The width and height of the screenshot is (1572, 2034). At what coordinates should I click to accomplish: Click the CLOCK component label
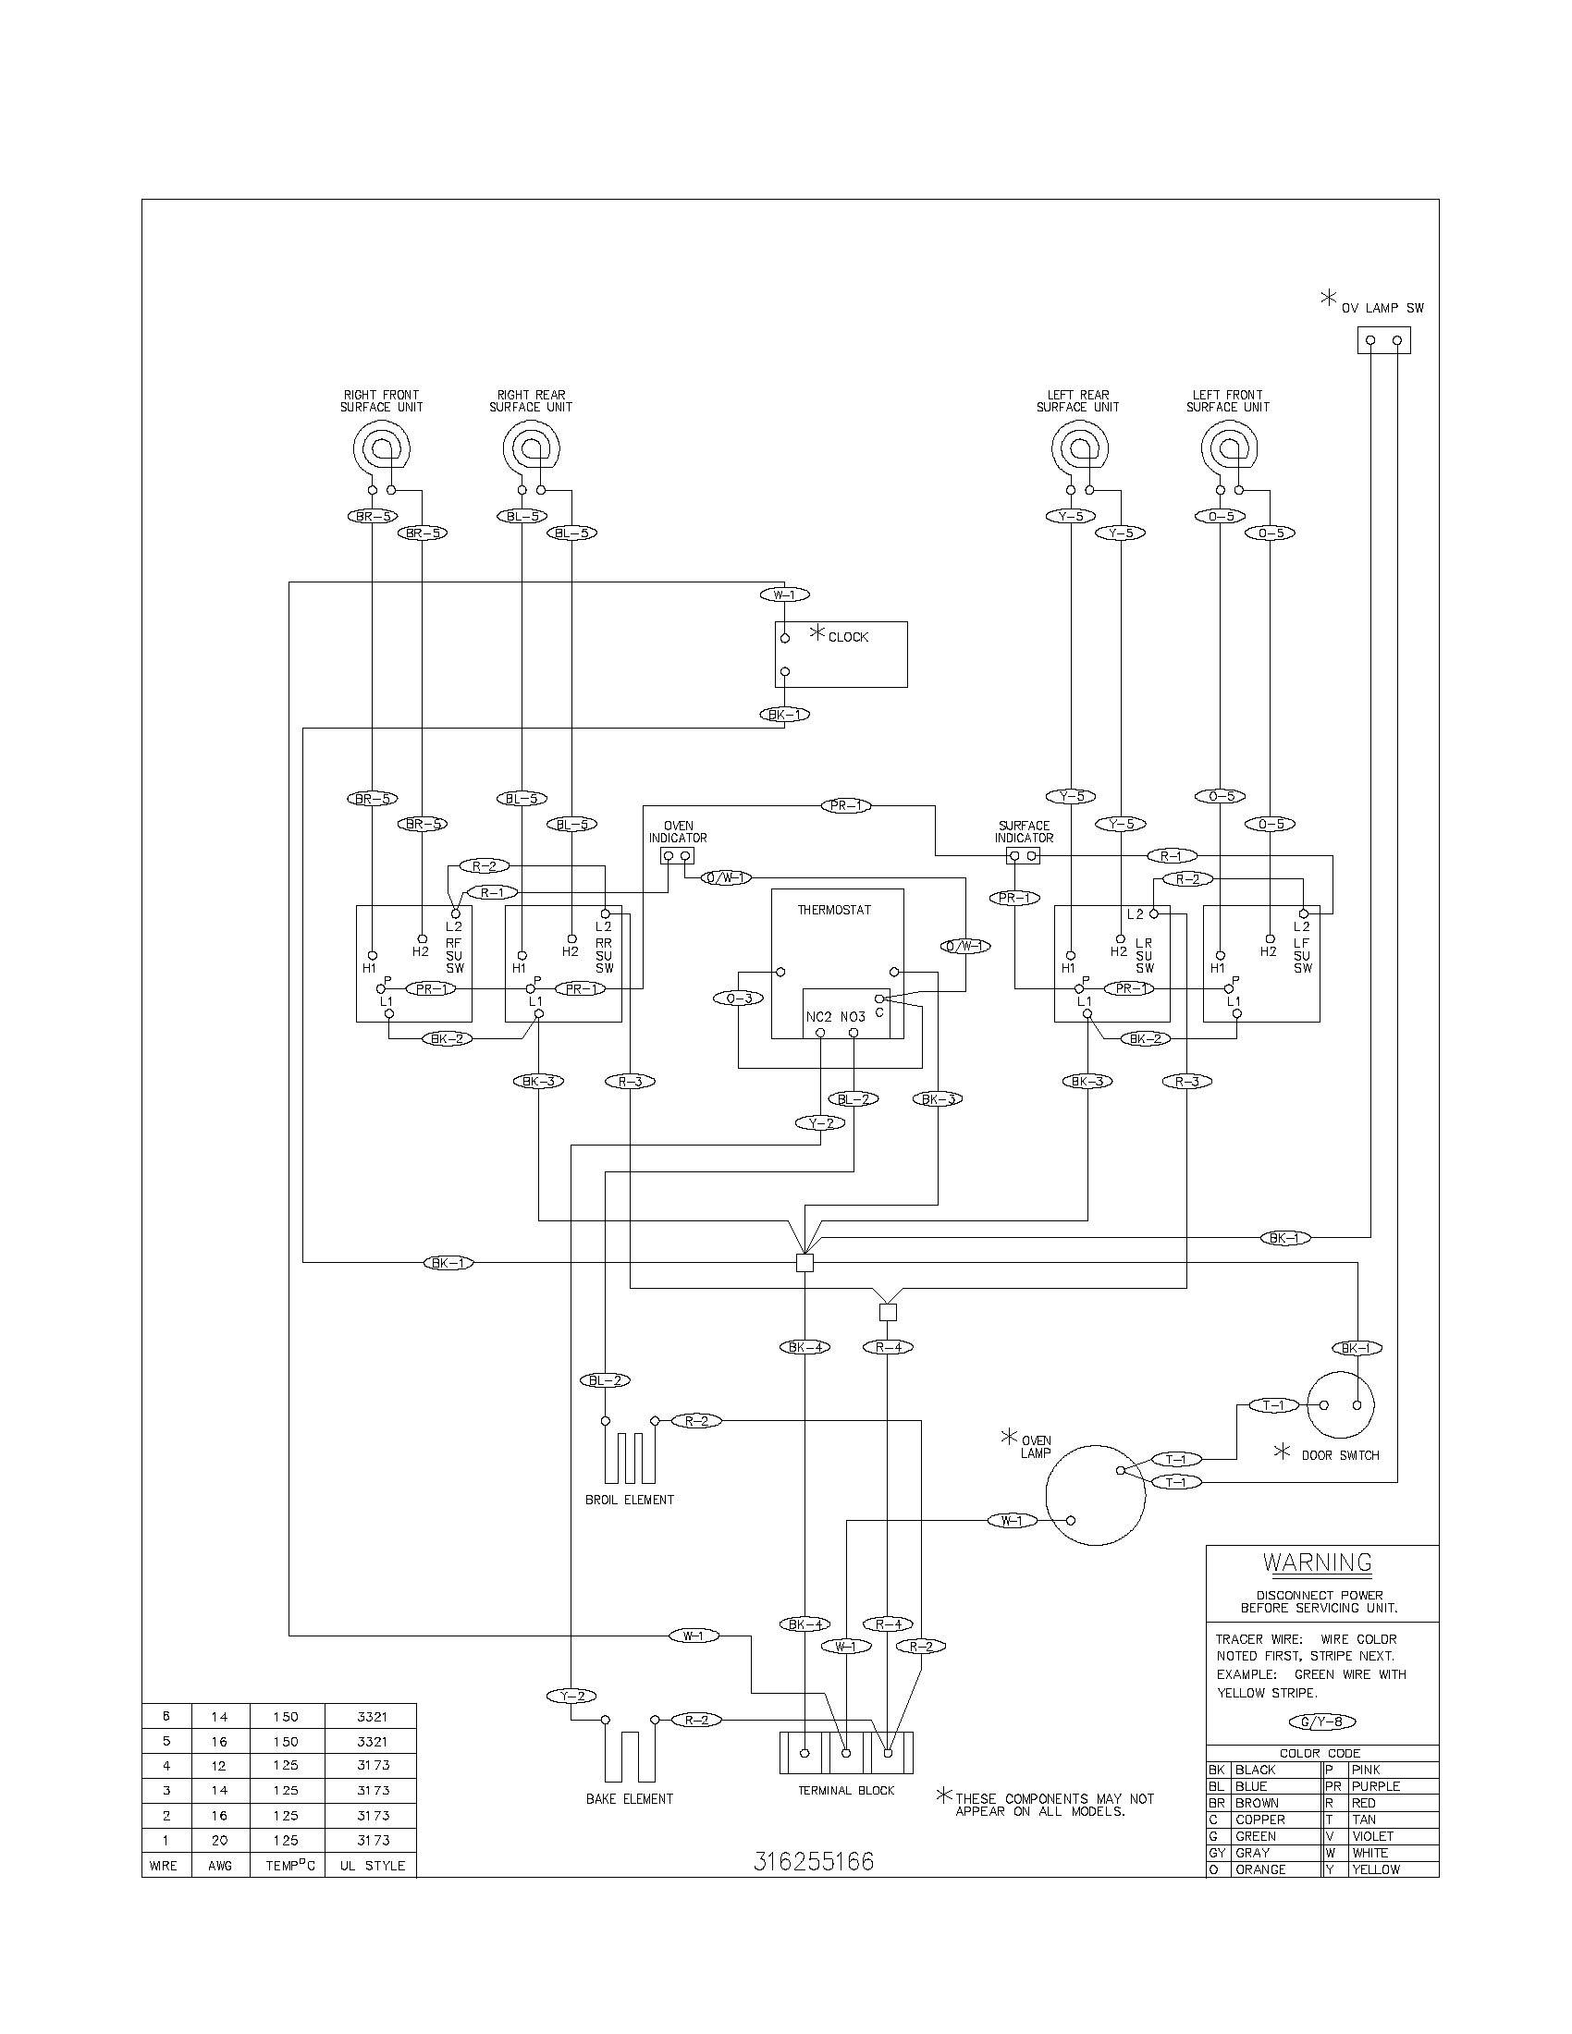coord(847,637)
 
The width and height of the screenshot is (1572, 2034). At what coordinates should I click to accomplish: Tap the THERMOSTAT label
coord(833,910)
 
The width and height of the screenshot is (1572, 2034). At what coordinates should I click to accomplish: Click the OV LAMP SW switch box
coord(1383,340)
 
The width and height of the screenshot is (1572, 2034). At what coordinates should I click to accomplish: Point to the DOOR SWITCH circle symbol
coord(1340,1405)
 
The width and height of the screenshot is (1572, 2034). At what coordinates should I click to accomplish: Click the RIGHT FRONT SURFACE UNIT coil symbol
coord(381,450)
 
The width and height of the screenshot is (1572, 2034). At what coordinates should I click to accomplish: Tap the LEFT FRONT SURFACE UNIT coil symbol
coord(1228,450)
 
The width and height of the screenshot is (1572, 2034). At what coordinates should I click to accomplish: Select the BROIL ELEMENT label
coord(630,1500)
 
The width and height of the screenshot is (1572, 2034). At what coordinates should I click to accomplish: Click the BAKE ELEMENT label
coord(630,1798)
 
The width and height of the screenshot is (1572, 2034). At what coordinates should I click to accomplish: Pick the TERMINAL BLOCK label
coord(845,1790)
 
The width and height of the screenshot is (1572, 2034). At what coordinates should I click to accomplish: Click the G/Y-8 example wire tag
coord(1321,1722)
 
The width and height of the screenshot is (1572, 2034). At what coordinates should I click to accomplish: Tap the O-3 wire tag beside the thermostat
coord(739,999)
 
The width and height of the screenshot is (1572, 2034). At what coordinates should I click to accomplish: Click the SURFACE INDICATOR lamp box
coord(1023,855)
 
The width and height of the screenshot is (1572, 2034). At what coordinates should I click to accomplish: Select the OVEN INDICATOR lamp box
coord(677,855)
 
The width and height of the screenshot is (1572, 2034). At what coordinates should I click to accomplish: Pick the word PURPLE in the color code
coord(1376,1786)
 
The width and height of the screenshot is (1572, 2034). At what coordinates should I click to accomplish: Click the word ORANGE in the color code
coord(1260,1869)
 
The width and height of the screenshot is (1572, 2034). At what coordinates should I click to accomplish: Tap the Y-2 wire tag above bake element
coord(570,1696)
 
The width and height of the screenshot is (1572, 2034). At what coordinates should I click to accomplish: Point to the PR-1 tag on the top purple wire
coord(845,805)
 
